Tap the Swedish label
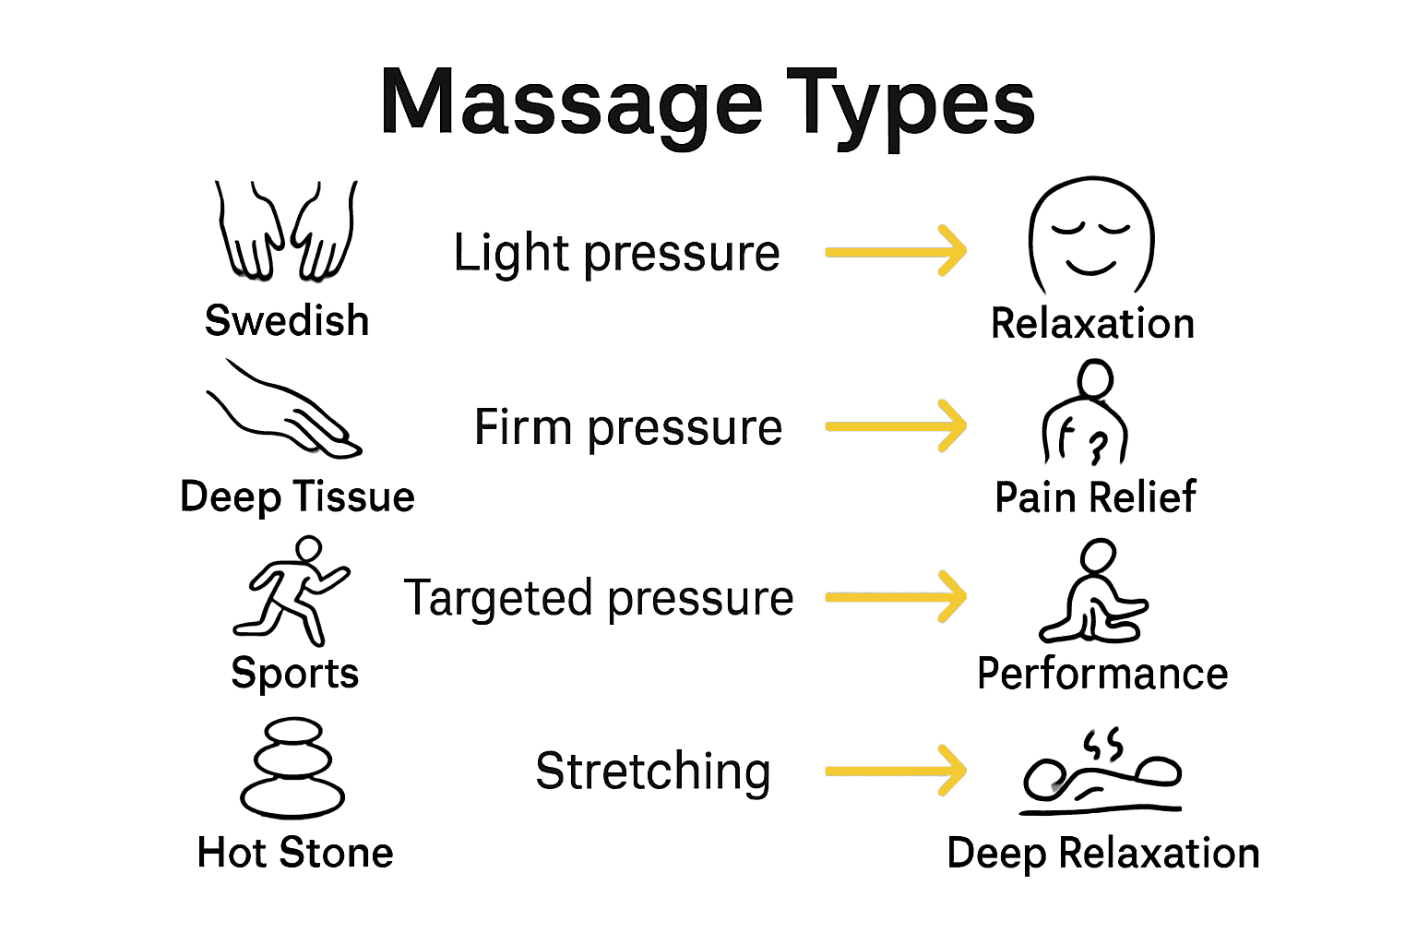pyautogui.click(x=287, y=321)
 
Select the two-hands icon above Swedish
pyautogui.click(x=286, y=231)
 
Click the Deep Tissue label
pyautogui.click(x=297, y=496)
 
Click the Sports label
pyautogui.click(x=294, y=673)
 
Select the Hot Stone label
pyautogui.click(x=295, y=853)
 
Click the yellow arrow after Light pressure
pyautogui.click(x=896, y=251)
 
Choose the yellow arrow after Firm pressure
pyautogui.click(x=896, y=425)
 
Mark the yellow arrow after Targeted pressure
pyautogui.click(x=896, y=597)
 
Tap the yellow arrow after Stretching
pyautogui.click(x=896, y=771)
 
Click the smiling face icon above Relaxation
pyautogui.click(x=1091, y=235)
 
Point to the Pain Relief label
pyautogui.click(x=1095, y=497)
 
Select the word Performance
pyautogui.click(x=1102, y=674)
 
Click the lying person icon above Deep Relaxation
pyautogui.click(x=1101, y=775)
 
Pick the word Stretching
pyautogui.click(x=652, y=772)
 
